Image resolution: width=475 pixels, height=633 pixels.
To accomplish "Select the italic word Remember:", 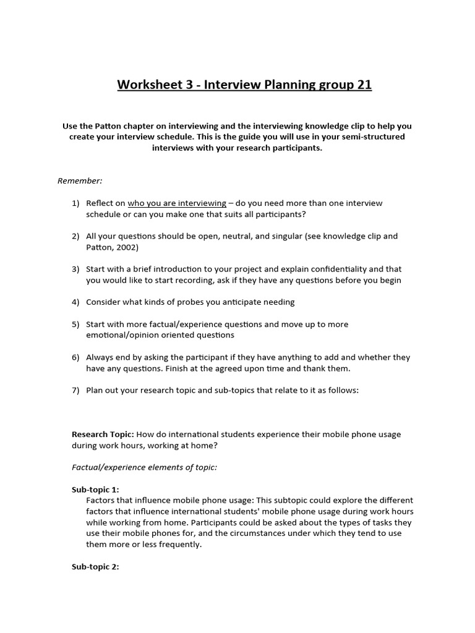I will point(80,181).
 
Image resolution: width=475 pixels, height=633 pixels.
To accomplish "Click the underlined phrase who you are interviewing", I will point(177,203).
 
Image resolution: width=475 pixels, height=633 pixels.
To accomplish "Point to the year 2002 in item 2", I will point(127,247).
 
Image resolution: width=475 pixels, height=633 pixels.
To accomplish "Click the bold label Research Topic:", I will point(103,435).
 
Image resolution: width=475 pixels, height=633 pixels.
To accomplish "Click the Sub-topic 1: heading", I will point(95,490).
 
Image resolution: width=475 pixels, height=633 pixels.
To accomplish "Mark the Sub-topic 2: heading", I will point(95,567).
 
